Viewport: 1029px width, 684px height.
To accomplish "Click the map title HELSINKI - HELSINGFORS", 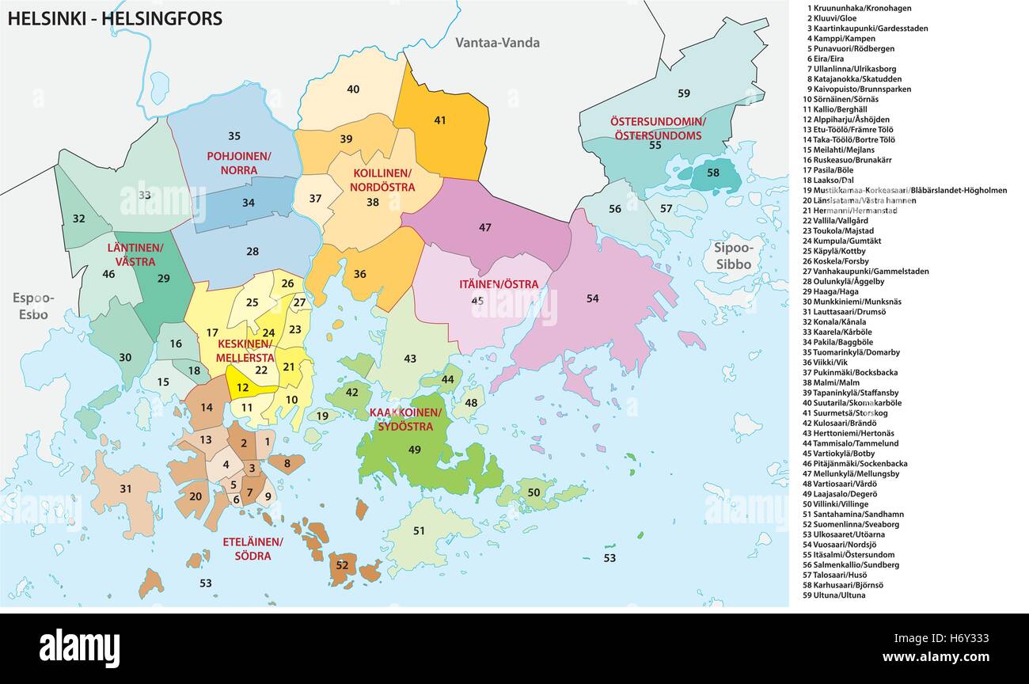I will pos(115,19).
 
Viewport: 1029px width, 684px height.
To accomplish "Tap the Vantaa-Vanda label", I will pos(497,43).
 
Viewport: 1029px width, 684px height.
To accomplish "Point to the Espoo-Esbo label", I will pos(33,306).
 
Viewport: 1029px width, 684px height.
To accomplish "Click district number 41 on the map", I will pos(440,120).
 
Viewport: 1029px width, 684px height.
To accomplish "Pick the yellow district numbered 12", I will pos(242,388).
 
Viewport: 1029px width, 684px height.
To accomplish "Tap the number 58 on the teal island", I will pos(713,173).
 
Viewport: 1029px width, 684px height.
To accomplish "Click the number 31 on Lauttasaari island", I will pos(125,488).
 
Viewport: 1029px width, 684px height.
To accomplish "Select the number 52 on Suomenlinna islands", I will pos(341,564).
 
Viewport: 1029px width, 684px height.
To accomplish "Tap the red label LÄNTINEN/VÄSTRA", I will pos(135,254).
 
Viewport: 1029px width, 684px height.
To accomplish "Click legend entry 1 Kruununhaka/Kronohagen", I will pos(859,8).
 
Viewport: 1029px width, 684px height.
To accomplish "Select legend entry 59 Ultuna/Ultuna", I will pos(833,595).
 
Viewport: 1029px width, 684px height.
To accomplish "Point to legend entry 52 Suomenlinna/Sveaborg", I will pos(851,524).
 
